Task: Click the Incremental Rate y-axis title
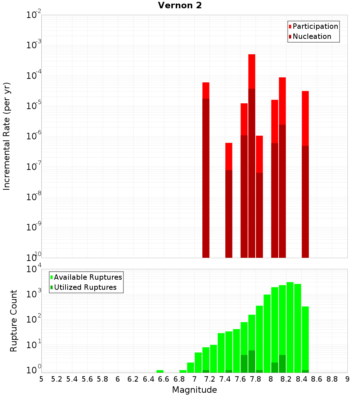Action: pos(7,136)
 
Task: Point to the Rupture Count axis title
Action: pos(14,321)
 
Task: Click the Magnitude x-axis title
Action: pos(194,390)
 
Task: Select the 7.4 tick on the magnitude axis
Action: pos(225,379)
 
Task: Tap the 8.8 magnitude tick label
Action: pos(332,379)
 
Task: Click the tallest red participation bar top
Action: pos(252,55)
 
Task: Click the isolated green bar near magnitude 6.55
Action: pos(160,371)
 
